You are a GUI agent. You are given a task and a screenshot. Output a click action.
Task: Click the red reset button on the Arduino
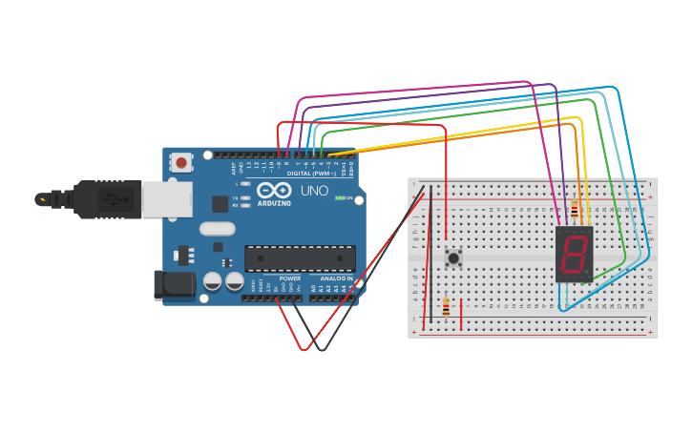tap(181, 163)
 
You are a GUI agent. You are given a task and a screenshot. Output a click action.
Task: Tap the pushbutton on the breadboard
tap(454, 257)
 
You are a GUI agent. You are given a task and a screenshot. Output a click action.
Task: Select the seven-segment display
tap(574, 254)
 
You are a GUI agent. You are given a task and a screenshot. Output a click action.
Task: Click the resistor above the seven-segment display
tap(574, 213)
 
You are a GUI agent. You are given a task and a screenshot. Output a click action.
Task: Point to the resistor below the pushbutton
tap(446, 307)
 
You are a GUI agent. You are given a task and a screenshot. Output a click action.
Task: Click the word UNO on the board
tap(315, 191)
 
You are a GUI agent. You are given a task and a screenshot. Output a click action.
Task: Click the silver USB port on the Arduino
tap(167, 199)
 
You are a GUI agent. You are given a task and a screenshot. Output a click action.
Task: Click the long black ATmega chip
tap(300, 258)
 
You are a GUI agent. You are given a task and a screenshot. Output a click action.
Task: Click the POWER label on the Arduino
tap(289, 278)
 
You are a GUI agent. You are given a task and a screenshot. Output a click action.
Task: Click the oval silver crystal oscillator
tap(217, 228)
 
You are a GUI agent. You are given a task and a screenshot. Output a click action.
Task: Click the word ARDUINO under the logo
tap(274, 203)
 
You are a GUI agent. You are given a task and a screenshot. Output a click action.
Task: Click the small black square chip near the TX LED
tap(220, 203)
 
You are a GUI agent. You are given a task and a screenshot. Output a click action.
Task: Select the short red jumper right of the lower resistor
tap(462, 314)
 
